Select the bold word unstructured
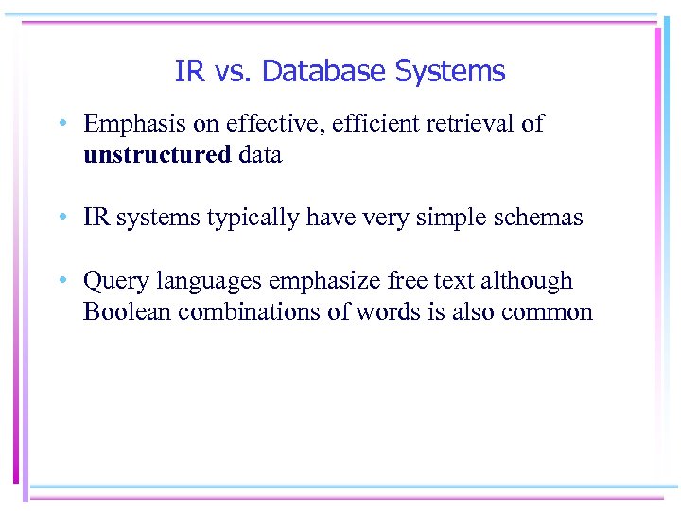(x=157, y=155)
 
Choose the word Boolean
(x=122, y=312)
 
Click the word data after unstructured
(x=260, y=155)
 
